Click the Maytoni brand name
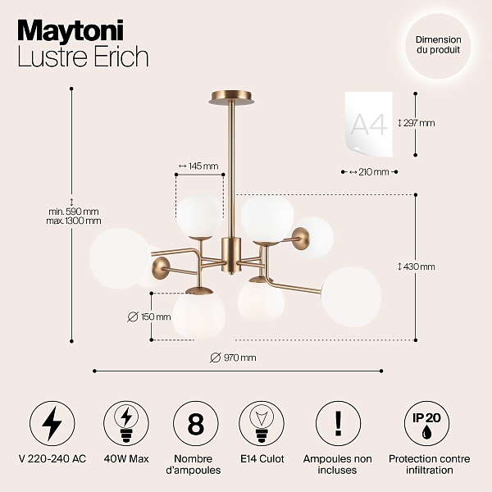[x=71, y=30]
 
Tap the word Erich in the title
[x=121, y=57]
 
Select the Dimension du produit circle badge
[x=438, y=45]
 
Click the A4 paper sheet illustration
[x=369, y=125]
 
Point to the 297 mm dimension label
[x=417, y=123]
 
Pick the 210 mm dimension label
[x=369, y=172]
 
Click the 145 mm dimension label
[x=198, y=166]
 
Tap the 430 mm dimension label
[x=417, y=266]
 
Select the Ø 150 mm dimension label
[x=149, y=317]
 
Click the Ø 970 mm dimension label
[x=233, y=358]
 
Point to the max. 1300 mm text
[x=74, y=221]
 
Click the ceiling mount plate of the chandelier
[x=231, y=98]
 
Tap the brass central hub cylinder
[x=231, y=254]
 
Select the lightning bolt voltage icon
[x=52, y=424]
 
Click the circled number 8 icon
[x=196, y=424]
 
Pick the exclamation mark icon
[x=338, y=424]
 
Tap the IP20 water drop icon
[x=426, y=424]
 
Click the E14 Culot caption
[x=262, y=459]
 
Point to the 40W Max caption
[x=126, y=459]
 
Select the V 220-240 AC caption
[x=52, y=459]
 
